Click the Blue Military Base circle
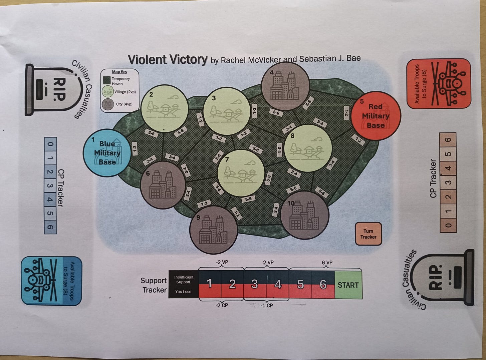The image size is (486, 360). [107, 153]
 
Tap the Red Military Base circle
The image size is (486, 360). [376, 116]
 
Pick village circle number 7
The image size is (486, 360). [241, 173]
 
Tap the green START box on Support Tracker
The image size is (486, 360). [348, 285]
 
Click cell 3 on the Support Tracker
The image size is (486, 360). [255, 284]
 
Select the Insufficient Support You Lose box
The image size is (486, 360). [184, 284]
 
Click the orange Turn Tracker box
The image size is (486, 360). [368, 234]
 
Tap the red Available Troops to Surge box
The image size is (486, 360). [438, 83]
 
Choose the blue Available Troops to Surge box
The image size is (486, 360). [51, 281]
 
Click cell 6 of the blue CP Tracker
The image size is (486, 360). [50, 228]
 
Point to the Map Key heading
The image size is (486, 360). [119, 72]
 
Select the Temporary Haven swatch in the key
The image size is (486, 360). [106, 80]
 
